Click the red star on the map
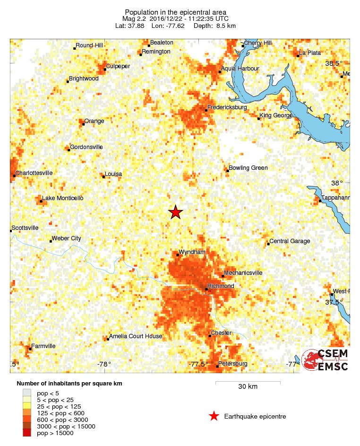175,212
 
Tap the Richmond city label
221,286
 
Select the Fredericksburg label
228,107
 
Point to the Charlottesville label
34,173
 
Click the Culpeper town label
118,66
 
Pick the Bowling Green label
248,168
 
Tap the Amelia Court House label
136,336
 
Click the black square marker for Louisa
103,176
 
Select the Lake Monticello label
62,198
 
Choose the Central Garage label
290,241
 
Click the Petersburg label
233,364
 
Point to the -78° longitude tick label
104,364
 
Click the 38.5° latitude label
334,63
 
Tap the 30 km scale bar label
248,387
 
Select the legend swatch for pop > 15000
27,433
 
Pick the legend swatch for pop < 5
27,393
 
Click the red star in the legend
214,416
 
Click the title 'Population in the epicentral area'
175,12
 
